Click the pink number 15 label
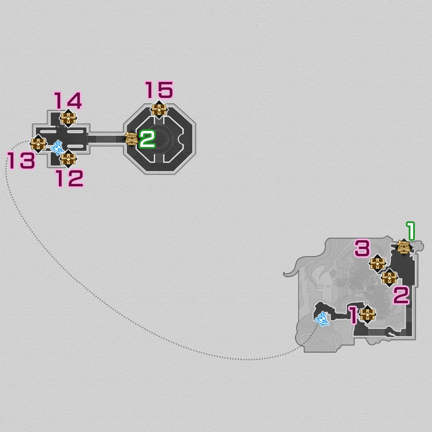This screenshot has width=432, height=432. (x=159, y=90)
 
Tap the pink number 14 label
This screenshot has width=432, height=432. (x=68, y=101)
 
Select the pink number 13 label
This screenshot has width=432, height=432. (x=22, y=160)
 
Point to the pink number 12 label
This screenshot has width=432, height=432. (x=69, y=178)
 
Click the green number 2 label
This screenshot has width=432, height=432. (x=147, y=139)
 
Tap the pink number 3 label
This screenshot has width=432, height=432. (x=362, y=248)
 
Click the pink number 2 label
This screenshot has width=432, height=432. (x=401, y=296)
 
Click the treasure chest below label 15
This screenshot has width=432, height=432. (x=159, y=110)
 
